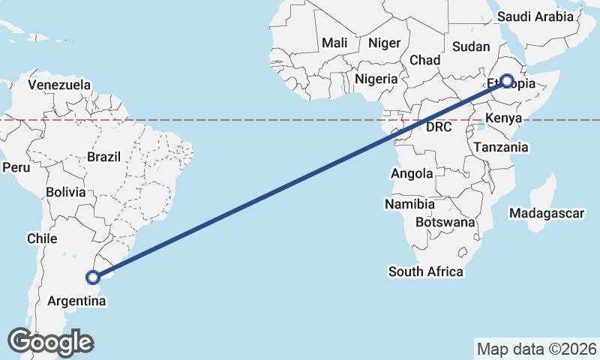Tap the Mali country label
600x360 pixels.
(334, 43)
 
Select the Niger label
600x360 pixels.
(385, 43)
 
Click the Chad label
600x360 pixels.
(424, 60)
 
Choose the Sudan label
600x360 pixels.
(471, 46)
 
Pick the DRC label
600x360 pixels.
(439, 127)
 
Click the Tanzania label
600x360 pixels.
(500, 148)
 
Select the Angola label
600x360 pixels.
(412, 174)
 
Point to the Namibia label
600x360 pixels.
(409, 204)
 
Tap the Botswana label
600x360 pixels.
(447, 223)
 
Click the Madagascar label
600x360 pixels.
(546, 214)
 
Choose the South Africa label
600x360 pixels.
(425, 271)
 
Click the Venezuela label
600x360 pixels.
(59, 85)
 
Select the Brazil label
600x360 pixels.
(103, 157)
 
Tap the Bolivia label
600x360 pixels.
(65, 193)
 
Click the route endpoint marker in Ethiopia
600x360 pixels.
(507, 81)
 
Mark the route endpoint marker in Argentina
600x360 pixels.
(93, 277)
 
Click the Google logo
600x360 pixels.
(50, 342)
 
